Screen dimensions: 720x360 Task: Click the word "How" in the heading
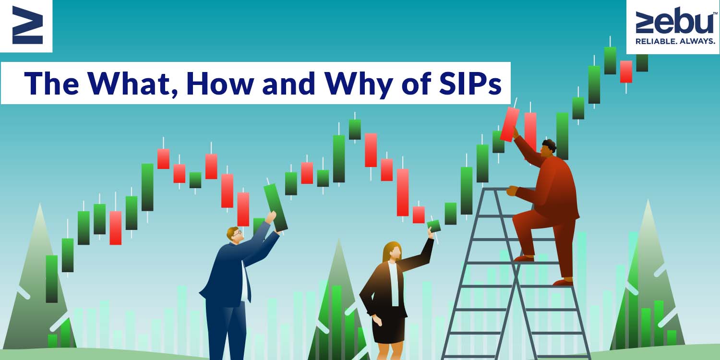[x=220, y=83]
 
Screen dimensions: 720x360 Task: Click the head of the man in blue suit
[x=235, y=235]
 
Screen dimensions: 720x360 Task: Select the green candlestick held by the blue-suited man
[x=276, y=207]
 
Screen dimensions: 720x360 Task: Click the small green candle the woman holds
[x=434, y=226]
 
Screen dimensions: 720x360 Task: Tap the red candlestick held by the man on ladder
[x=510, y=124]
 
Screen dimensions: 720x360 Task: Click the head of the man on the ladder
[x=549, y=148]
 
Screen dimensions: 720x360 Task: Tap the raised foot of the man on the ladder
[x=524, y=258]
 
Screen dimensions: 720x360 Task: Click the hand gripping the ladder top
[x=512, y=191]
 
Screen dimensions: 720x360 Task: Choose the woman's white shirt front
[x=394, y=283]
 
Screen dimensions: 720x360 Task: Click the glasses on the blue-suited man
[x=238, y=232]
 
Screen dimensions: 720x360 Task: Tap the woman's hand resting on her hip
[x=377, y=320]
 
